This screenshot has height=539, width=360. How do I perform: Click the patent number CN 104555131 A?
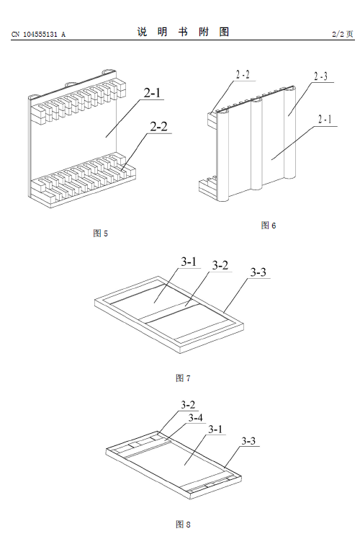point(38,34)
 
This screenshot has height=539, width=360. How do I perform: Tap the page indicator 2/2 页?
point(343,34)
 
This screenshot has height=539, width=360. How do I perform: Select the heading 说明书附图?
point(183,32)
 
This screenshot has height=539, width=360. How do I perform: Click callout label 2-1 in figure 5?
point(152,93)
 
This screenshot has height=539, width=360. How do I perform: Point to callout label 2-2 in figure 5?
point(158,127)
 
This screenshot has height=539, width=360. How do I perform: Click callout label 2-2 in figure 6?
point(243,74)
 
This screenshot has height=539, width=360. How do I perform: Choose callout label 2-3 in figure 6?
point(320,76)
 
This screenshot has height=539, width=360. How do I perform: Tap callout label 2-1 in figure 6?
point(325,120)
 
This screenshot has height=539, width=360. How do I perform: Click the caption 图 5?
point(100,233)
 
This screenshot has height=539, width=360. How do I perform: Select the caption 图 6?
point(269,225)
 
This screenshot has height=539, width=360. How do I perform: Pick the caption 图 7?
point(183,378)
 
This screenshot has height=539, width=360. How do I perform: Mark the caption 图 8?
point(183,524)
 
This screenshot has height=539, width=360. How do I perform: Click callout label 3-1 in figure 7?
point(189,262)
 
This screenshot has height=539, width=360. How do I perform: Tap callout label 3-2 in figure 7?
point(220,265)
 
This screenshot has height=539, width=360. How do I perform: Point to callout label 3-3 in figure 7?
point(258,272)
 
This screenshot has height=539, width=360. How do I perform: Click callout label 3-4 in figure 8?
point(195,418)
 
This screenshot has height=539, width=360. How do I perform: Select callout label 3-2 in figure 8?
point(188,405)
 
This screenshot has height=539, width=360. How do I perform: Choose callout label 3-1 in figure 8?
point(215,429)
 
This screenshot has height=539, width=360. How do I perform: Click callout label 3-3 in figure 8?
point(248,441)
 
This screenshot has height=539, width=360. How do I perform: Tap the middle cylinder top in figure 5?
point(72,84)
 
